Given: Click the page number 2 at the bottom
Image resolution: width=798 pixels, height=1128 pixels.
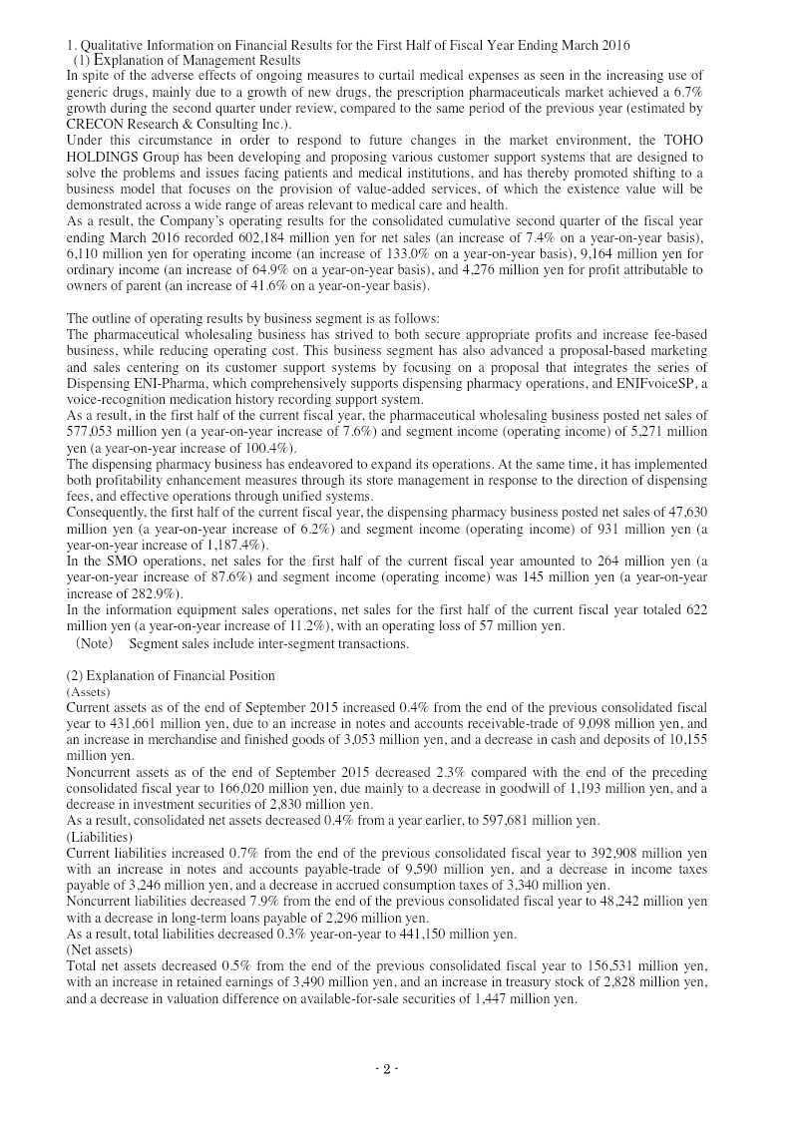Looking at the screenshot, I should click(x=386, y=1069).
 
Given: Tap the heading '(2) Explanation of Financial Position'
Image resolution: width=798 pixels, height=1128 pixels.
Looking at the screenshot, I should click(x=170, y=675).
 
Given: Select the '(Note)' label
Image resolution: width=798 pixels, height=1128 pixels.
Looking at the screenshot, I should click(x=94, y=643).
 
